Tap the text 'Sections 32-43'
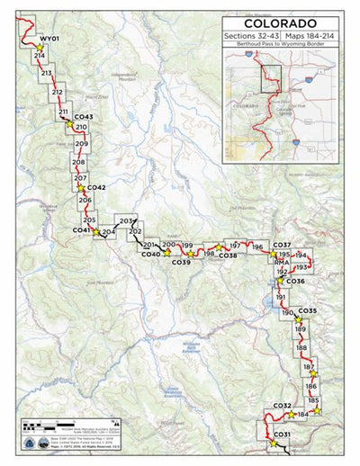[x=249, y=35]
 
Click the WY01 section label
[x=49, y=40]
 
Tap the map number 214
[x=39, y=56]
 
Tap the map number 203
[x=126, y=220]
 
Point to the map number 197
[x=234, y=245]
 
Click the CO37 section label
[x=281, y=245]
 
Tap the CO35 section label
[x=307, y=310]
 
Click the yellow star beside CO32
[x=291, y=415]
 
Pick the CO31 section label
[x=282, y=435]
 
